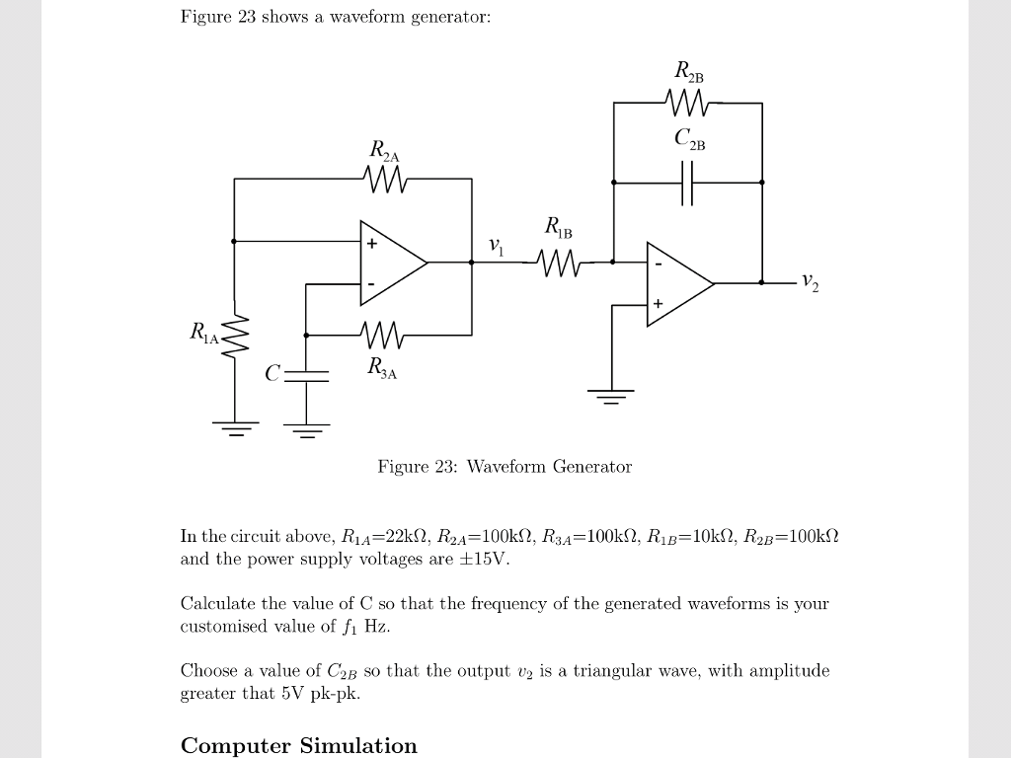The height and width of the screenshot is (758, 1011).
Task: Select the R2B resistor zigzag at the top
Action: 688,102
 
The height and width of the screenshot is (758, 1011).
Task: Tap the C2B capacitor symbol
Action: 688,183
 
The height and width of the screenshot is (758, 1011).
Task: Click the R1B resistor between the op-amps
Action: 559,263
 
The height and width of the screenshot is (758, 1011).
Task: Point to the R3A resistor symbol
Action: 383,336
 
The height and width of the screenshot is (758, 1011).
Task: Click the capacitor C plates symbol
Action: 306,375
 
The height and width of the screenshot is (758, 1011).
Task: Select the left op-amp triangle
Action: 391,263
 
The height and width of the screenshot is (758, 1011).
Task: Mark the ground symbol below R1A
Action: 235,427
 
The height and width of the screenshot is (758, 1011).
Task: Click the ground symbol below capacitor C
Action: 306,429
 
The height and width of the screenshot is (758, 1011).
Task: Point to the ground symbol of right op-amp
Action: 612,397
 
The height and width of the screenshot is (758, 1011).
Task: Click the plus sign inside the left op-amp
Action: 372,243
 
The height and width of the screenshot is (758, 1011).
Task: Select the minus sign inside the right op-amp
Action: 659,264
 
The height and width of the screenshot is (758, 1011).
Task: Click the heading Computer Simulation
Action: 299,745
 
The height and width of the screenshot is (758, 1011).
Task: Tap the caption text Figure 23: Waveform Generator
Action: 505,466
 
